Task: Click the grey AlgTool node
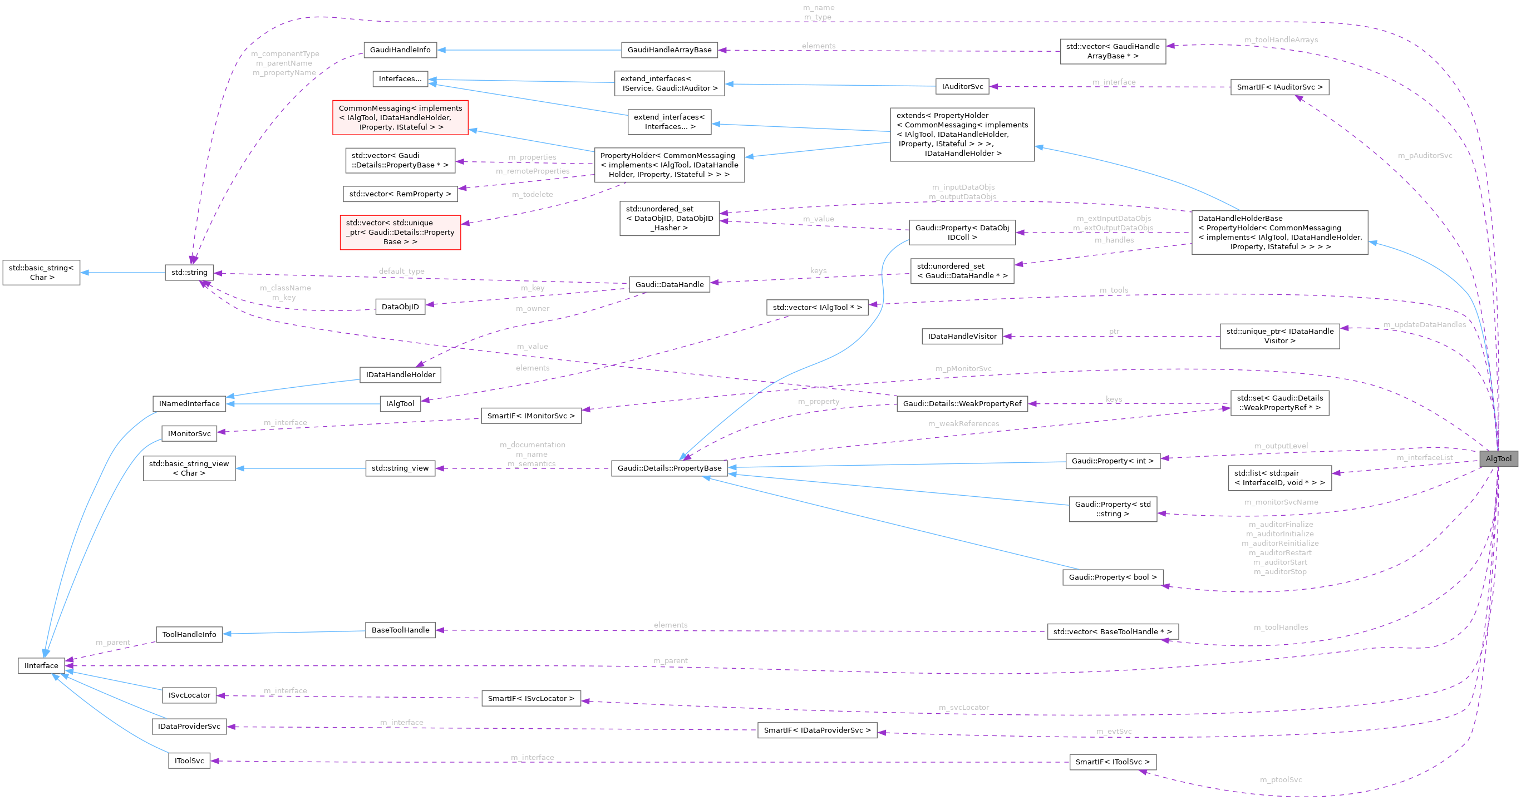[1498, 459]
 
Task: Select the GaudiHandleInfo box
[400, 50]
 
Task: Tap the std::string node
[189, 272]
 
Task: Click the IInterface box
[41, 665]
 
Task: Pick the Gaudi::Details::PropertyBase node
[669, 468]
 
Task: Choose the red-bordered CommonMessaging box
[400, 117]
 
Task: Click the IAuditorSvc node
[962, 86]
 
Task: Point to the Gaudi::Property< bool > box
[1113, 577]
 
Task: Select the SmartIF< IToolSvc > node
[1113, 762]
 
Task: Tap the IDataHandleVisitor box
[962, 336]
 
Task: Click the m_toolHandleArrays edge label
[1281, 39]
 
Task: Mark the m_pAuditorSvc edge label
[1425, 155]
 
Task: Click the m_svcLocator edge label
[963, 707]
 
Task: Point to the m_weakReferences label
[963, 423]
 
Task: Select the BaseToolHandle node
[400, 630]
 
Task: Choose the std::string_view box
[400, 468]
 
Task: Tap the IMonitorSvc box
[189, 433]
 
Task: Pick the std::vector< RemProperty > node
[400, 194]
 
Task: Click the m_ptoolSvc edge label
[1281, 779]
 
